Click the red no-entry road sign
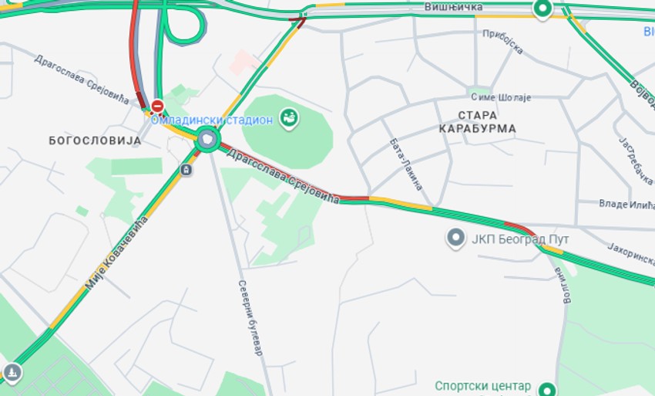point(157,106)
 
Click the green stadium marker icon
point(290,118)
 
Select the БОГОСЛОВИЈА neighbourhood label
point(95,140)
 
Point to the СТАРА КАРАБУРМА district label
point(477,121)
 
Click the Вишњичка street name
point(453,7)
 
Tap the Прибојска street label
point(502,42)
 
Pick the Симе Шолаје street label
point(501,97)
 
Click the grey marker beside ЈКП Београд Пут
point(455,238)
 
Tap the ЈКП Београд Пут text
point(520,239)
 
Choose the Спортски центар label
point(483,386)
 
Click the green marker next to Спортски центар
point(547,389)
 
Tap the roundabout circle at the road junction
point(207,140)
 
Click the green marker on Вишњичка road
point(543,8)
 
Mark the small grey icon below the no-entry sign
point(186,169)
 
